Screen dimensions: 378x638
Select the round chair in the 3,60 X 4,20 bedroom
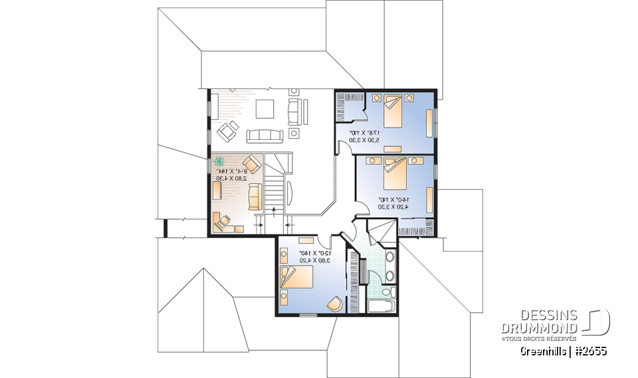pyautogui.click(x=336, y=302)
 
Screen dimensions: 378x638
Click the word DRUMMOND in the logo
pyautogui.click(x=539, y=329)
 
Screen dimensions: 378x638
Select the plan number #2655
pyautogui.click(x=590, y=351)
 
